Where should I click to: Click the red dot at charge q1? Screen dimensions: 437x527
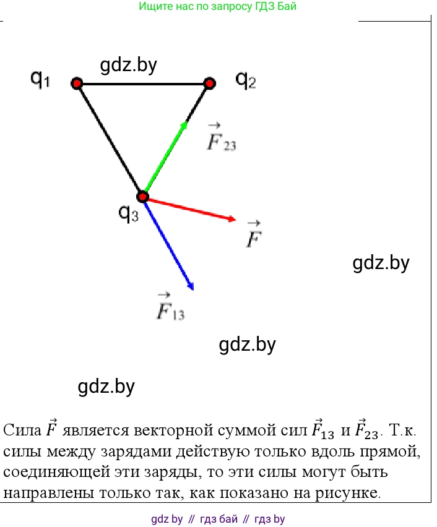[77, 83]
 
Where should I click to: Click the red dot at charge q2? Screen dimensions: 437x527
[209, 83]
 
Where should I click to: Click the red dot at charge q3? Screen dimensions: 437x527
[142, 196]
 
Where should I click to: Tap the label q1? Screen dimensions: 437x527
[40, 80]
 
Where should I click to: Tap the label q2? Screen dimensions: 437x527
[246, 80]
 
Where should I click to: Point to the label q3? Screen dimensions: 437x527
[129, 213]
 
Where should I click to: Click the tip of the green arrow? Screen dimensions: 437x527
[187, 122]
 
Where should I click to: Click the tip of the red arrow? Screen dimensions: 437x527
[236, 220]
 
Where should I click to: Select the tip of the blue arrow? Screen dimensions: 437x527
[193, 289]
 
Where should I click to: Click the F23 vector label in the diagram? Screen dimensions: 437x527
[222, 137]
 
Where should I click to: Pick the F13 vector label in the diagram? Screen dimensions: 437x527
[171, 307]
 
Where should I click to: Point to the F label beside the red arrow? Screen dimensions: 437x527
[254, 234]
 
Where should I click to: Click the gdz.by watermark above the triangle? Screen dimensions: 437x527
[129, 65]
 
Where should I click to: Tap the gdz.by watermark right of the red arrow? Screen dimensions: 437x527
[381, 263]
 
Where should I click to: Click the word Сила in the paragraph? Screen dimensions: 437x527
[22, 430]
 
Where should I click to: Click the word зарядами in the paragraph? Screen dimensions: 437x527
[136, 452]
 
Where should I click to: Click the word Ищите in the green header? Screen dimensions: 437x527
[155, 6]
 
